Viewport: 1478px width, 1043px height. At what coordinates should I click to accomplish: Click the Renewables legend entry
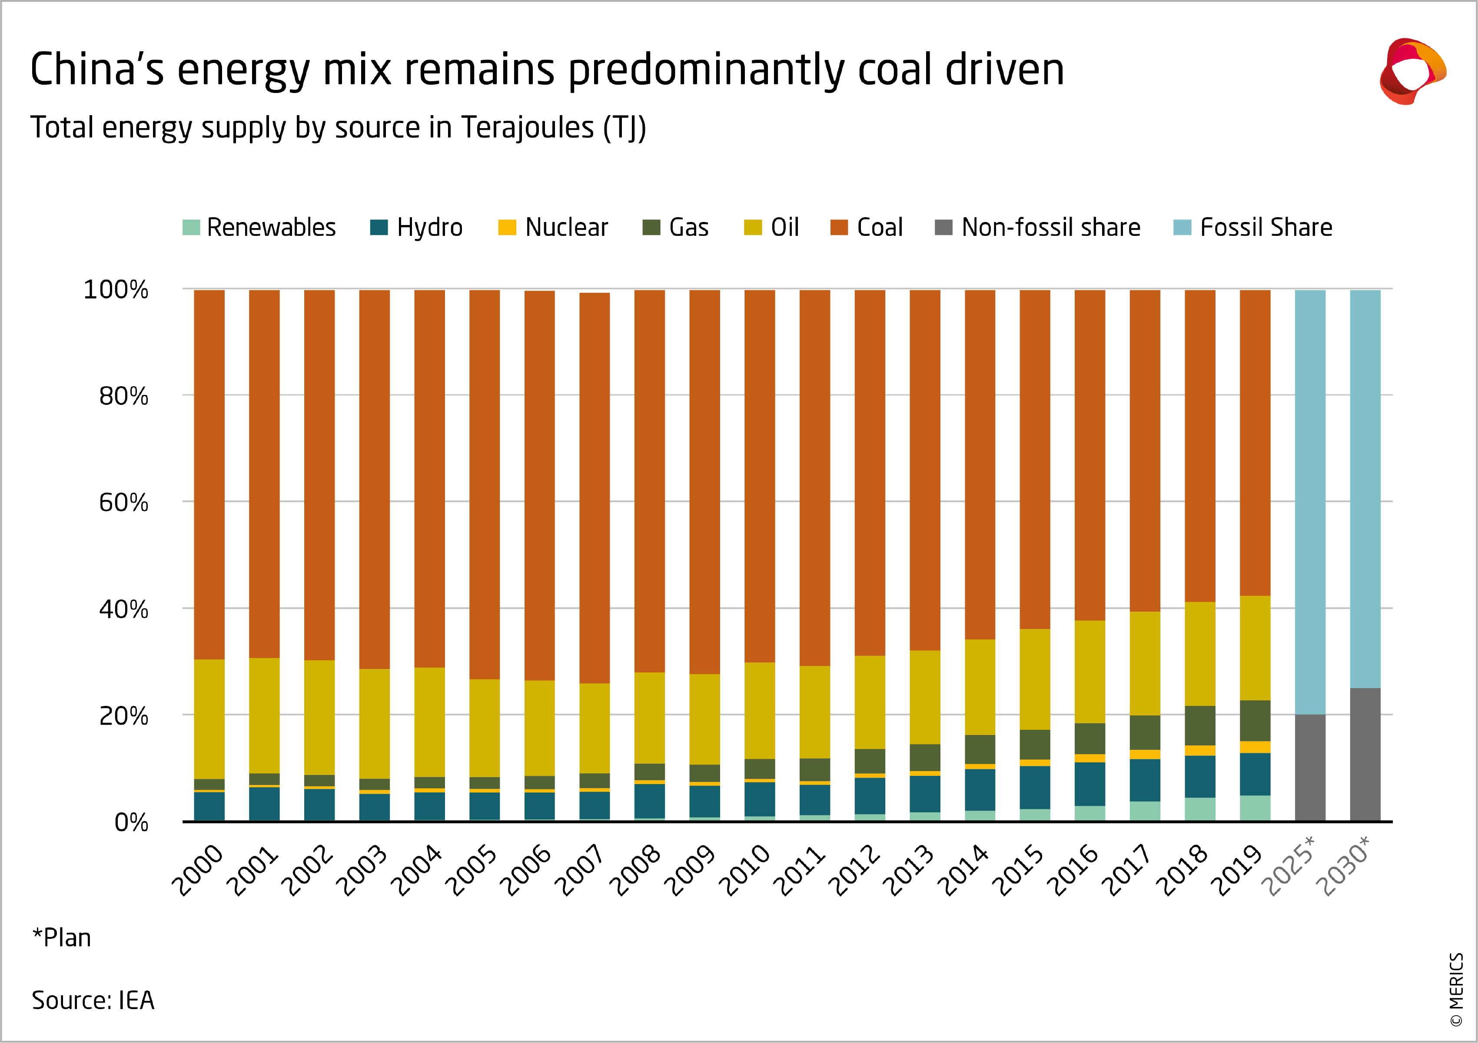pos(259,228)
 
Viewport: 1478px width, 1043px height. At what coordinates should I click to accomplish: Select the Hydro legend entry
pos(416,228)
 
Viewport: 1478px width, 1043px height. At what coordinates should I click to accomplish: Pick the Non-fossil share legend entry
pos(1038,228)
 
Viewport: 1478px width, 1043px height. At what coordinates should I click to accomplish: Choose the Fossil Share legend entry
pos(1253,228)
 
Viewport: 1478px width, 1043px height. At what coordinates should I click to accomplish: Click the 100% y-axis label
pos(116,290)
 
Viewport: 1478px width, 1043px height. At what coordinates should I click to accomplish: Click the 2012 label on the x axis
pos(854,870)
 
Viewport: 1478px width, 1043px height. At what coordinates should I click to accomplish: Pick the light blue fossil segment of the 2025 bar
pos(1310,502)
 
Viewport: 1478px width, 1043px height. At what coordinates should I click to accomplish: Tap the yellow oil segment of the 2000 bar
pos(209,719)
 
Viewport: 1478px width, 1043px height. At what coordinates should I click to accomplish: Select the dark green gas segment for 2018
pos(1200,725)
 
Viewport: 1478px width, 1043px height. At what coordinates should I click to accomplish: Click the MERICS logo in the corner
pos(1412,71)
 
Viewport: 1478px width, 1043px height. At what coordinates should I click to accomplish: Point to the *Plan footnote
pos(62,937)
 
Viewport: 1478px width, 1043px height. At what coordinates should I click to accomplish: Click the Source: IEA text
pos(93,1000)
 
